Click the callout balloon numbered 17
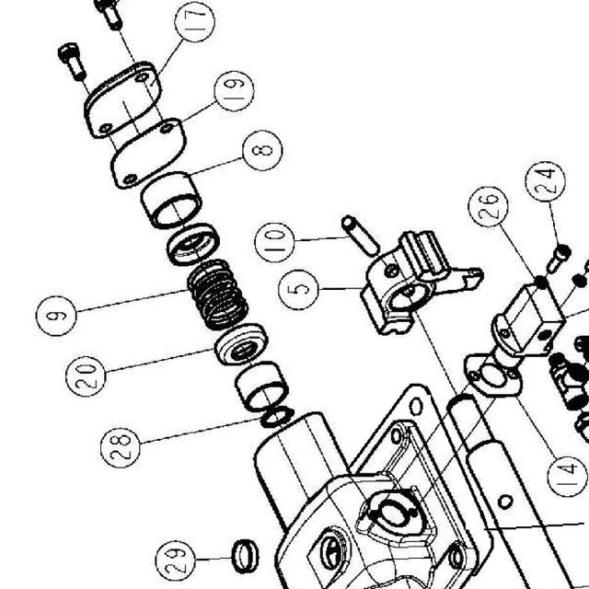(194, 22)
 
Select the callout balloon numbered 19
(234, 91)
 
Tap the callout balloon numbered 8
(262, 150)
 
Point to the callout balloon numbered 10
(274, 242)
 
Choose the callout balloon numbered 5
(298, 290)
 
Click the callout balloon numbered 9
(56, 316)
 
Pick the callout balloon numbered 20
(86, 376)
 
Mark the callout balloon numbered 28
(121, 447)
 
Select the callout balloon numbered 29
(176, 560)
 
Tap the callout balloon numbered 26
(489, 206)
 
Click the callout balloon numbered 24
(546, 182)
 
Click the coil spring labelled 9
(218, 294)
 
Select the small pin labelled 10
(361, 236)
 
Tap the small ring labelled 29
(246, 556)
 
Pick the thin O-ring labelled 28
(277, 417)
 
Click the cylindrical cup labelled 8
(171, 200)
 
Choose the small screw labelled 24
(559, 258)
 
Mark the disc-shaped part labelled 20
(241, 344)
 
